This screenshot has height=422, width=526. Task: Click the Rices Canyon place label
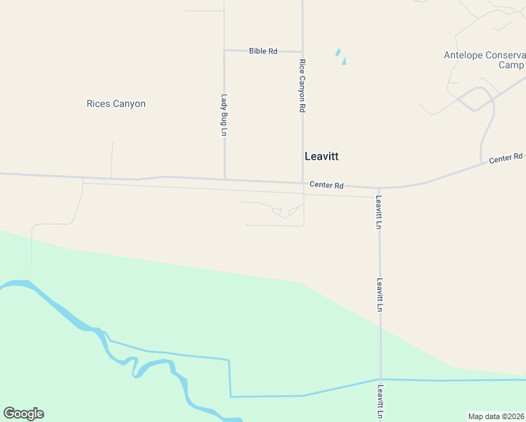[116, 104]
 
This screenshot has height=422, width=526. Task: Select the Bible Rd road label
[263, 51]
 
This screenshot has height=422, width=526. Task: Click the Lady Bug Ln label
[224, 115]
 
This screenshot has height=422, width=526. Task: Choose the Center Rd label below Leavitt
[326, 186]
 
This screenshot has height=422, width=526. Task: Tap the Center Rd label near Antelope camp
[506, 158]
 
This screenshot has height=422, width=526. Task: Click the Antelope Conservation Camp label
[485, 60]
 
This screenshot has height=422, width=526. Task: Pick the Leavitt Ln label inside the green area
[380, 295]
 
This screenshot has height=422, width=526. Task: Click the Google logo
[23, 414]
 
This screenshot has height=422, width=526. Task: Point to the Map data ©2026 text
[496, 416]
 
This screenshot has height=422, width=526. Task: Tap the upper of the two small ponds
[338, 52]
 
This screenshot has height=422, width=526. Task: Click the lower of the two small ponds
[344, 61]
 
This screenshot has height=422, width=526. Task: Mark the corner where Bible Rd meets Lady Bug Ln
[224, 51]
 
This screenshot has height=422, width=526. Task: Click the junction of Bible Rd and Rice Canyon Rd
[302, 51]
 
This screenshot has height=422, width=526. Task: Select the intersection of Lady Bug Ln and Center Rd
[224, 179]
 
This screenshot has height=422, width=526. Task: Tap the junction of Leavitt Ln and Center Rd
[379, 188]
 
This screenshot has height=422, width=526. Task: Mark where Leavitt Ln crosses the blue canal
[380, 380]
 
